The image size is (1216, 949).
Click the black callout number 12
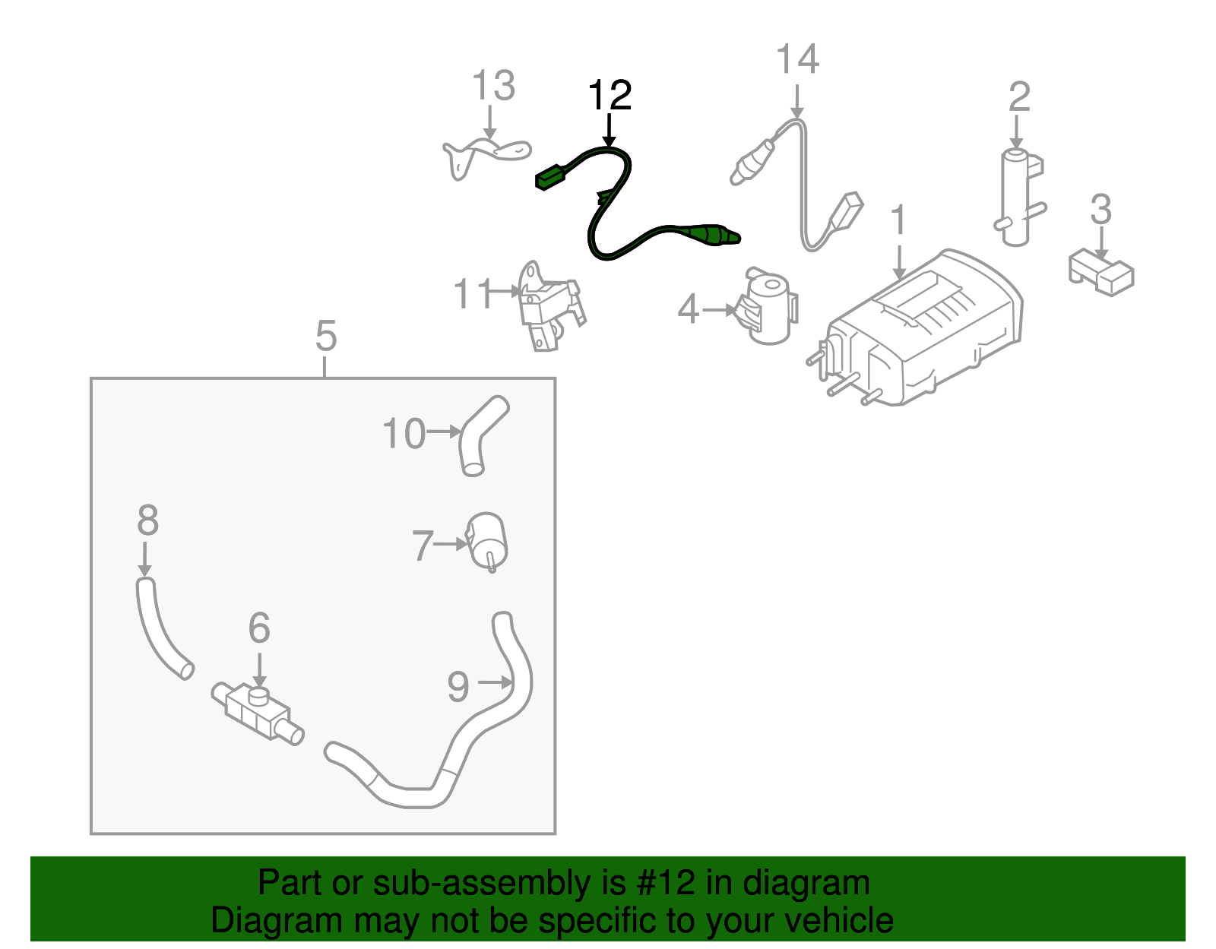coord(610,96)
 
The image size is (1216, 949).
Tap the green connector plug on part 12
coord(553,178)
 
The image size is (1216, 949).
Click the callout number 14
coord(797,60)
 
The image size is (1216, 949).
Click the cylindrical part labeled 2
coord(1016,198)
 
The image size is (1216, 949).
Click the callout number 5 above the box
coord(325,336)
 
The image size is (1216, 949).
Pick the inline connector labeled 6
coord(257,711)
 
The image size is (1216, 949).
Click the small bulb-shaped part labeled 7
coord(487,541)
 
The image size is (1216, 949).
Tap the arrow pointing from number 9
coord(494,683)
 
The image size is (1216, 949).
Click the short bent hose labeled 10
coord(479,436)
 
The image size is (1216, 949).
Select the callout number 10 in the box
coord(404,435)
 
